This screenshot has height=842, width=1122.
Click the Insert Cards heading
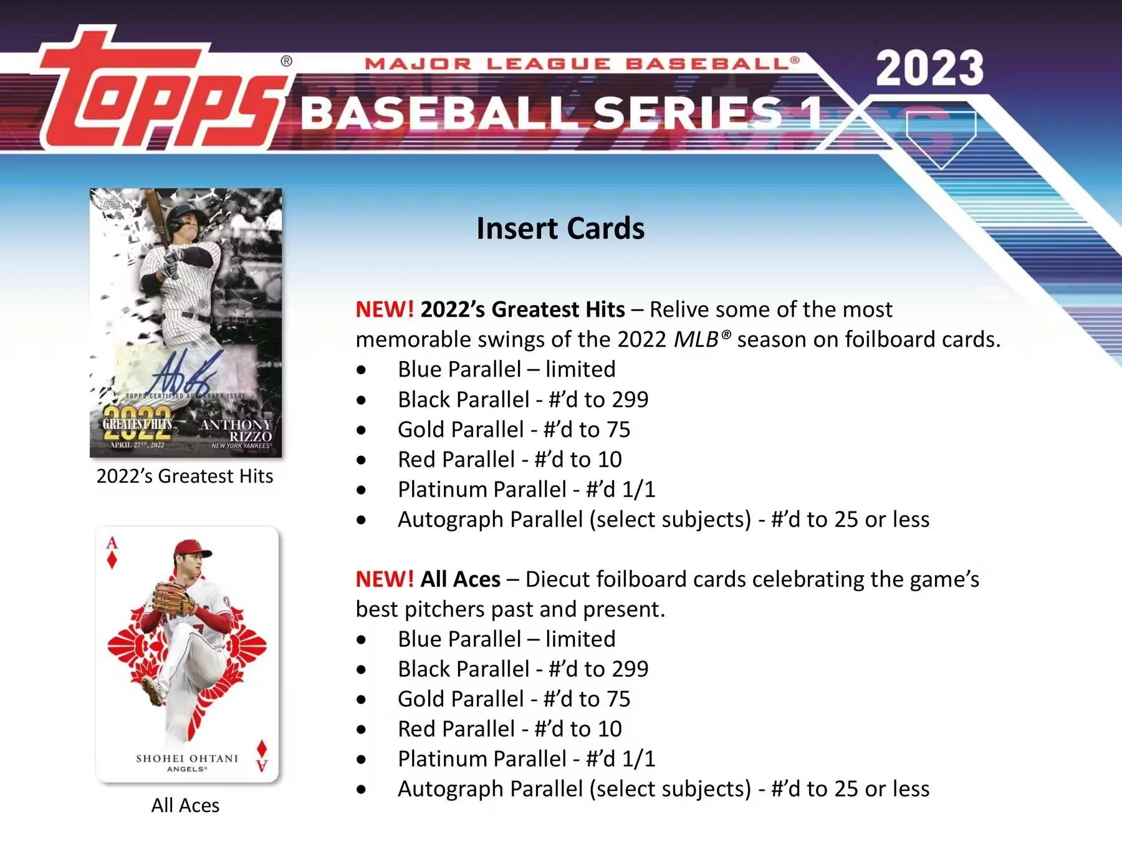[x=560, y=228]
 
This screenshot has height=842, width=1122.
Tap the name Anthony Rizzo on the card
[x=237, y=430]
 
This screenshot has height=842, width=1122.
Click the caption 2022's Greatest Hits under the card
[x=185, y=476]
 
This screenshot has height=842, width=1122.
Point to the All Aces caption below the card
[x=185, y=805]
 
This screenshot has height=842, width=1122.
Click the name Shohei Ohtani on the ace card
[x=187, y=758]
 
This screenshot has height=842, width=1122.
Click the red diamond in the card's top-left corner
[x=112, y=559]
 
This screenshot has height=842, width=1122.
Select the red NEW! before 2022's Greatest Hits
[x=384, y=309]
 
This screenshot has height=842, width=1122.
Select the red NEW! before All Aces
[x=384, y=579]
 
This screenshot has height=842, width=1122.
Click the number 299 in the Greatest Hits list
[x=630, y=399]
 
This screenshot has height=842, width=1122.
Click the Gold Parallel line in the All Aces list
[x=514, y=699]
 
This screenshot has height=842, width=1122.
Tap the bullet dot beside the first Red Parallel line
[x=362, y=460]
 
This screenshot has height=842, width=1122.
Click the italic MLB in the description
[x=696, y=339]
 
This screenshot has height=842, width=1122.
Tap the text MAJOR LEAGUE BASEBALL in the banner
[x=581, y=64]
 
